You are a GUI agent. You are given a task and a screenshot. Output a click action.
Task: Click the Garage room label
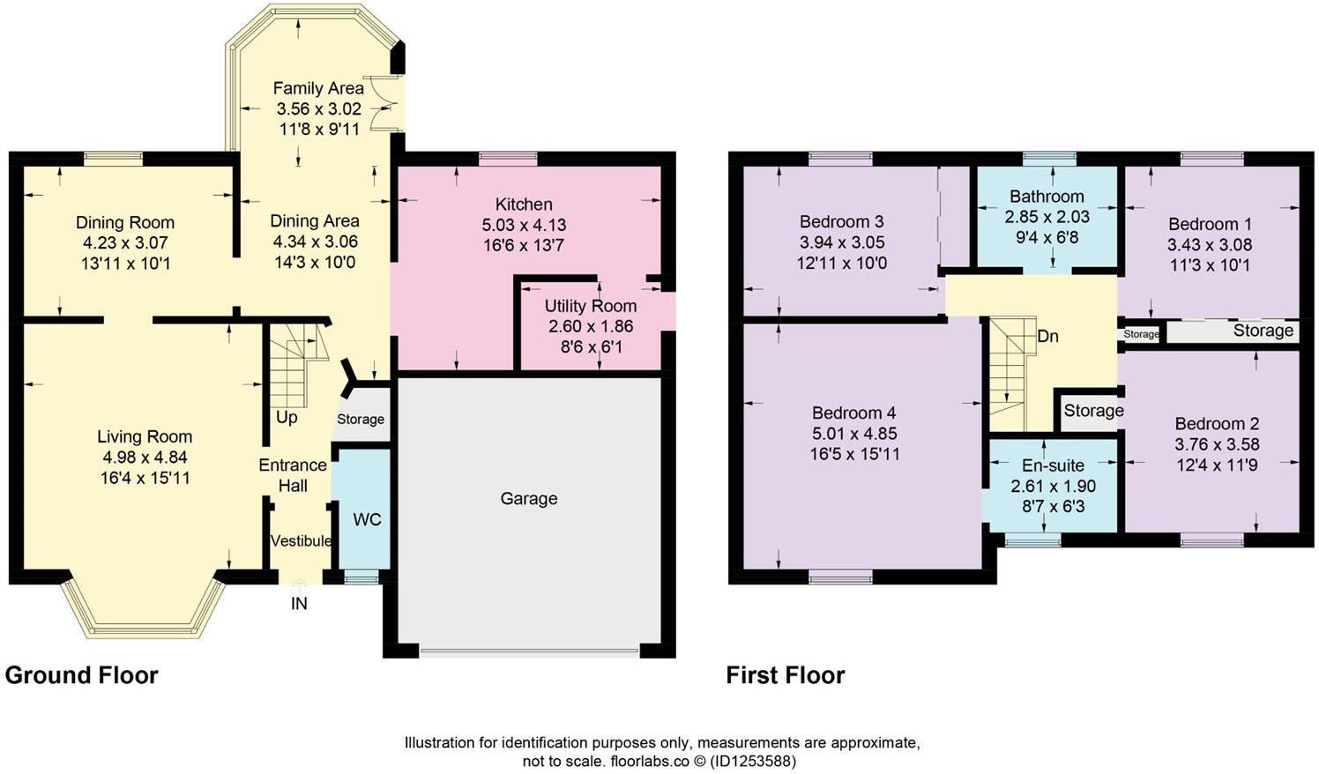click(528, 499)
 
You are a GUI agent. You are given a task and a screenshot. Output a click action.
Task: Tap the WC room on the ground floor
click(366, 519)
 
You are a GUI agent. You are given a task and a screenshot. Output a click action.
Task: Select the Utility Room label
click(590, 306)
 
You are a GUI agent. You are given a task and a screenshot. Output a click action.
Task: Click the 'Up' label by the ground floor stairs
click(287, 417)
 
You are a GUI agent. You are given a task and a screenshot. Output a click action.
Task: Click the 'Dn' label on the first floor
click(1047, 336)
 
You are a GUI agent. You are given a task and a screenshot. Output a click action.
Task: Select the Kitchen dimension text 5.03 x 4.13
click(524, 225)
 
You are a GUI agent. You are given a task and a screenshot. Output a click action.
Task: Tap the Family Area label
click(318, 88)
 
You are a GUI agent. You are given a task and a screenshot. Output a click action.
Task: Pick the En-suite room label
click(1053, 465)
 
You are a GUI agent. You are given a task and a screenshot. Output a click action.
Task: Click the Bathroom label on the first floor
click(1047, 196)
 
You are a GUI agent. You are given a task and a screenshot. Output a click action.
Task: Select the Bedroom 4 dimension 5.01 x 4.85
click(853, 434)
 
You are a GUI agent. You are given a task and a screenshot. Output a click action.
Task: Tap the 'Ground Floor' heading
click(82, 675)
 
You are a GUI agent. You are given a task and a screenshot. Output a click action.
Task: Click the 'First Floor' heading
click(785, 675)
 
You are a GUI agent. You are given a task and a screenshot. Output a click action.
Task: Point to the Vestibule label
click(301, 540)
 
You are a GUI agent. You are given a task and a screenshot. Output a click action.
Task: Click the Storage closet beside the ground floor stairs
click(361, 420)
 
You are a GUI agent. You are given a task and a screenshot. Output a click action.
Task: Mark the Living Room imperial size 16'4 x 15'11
click(145, 478)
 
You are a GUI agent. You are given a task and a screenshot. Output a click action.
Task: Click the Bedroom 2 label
click(1216, 423)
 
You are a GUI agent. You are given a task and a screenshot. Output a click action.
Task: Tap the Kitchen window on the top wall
click(508, 159)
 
